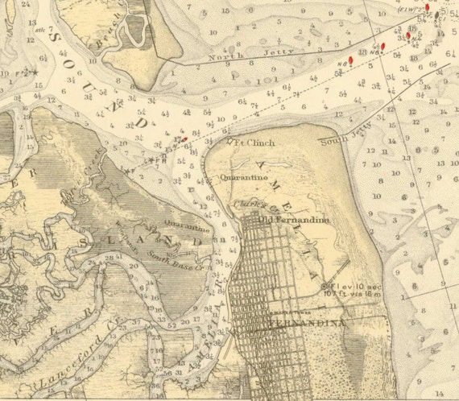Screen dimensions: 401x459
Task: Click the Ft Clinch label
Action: (x=256, y=143)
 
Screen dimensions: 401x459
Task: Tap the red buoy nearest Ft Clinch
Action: (x=185, y=138)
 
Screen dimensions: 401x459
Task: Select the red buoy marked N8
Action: (x=350, y=58)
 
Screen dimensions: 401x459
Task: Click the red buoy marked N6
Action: (x=383, y=46)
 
